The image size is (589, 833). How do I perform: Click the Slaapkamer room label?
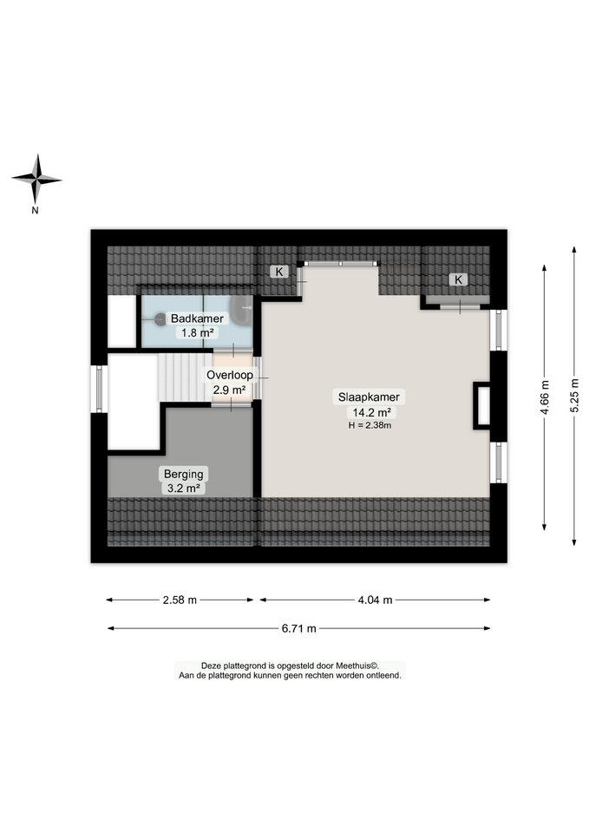pyautogui.click(x=369, y=397)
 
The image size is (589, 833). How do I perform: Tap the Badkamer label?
pyautogui.click(x=197, y=318)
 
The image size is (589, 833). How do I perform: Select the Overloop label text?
pyautogui.click(x=229, y=375)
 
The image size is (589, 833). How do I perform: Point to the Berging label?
pyautogui.click(x=183, y=474)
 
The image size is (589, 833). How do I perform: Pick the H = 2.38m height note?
pyautogui.click(x=370, y=425)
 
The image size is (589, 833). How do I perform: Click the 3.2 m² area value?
pyautogui.click(x=184, y=488)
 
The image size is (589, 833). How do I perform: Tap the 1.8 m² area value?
pyautogui.click(x=197, y=332)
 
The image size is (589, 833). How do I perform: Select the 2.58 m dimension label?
pyautogui.click(x=180, y=600)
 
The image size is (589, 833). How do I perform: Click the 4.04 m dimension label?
pyautogui.click(x=375, y=600)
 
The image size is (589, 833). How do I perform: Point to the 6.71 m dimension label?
pyautogui.click(x=299, y=628)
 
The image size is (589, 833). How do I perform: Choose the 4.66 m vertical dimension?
pyautogui.click(x=545, y=398)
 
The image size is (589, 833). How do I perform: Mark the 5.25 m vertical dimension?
pyautogui.click(x=574, y=396)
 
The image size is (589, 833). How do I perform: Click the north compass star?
pyautogui.click(x=36, y=180)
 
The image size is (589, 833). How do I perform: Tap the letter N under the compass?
pyautogui.click(x=35, y=210)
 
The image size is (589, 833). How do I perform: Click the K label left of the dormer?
pyautogui.click(x=279, y=272)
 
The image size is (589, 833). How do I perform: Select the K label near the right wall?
pyautogui.click(x=458, y=279)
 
